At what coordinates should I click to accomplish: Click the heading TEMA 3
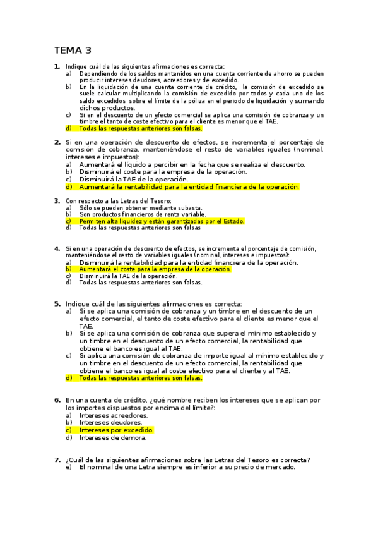click(73, 51)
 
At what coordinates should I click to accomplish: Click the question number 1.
click(57, 66)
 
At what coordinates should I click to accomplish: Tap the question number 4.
click(57, 248)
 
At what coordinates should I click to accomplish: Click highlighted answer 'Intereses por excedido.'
click(117, 430)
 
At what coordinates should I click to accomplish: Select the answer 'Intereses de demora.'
click(112, 437)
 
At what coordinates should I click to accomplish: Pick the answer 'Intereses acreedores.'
click(114, 415)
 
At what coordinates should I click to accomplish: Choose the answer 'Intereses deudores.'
click(111, 422)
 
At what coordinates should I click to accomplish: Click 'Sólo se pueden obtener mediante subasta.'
click(141, 207)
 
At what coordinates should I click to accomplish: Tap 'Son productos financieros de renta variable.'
click(143, 214)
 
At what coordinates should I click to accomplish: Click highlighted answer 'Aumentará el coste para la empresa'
click(155, 269)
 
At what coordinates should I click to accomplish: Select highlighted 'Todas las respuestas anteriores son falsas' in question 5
click(141, 378)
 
